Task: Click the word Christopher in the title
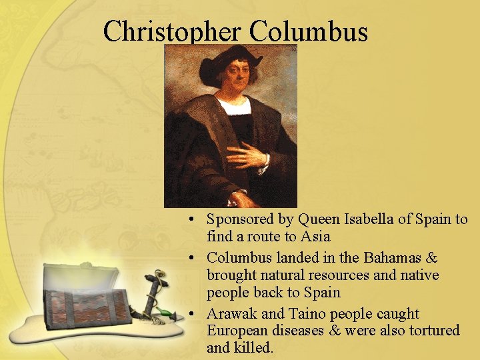173,31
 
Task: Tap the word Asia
316,237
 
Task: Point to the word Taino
308,313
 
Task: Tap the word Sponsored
241,219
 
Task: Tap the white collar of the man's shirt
234,107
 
